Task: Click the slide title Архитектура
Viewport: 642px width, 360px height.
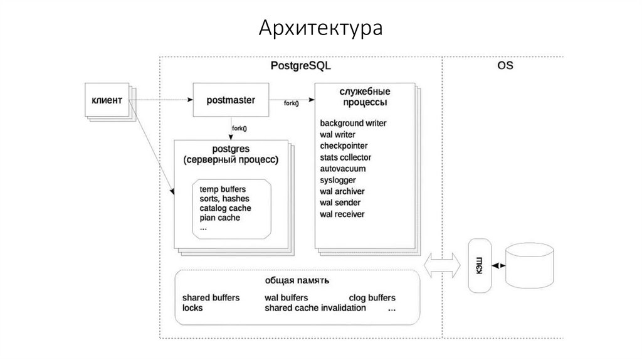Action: [x=320, y=29]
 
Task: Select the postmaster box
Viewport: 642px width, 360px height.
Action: [x=231, y=100]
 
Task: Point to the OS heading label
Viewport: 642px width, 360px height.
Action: [x=505, y=65]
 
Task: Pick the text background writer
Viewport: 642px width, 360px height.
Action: [x=353, y=123]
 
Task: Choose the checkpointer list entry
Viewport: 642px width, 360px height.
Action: [x=344, y=146]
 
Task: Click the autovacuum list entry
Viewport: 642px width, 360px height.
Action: [x=343, y=169]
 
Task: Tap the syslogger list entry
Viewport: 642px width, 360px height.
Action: [x=338, y=180]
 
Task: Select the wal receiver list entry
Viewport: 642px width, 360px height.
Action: [x=342, y=214]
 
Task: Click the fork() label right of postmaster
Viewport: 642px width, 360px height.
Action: [x=292, y=103]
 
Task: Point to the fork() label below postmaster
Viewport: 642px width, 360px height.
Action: [x=239, y=129]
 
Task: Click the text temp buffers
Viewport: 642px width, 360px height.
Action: [x=223, y=189]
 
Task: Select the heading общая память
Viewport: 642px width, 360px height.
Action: [x=297, y=280]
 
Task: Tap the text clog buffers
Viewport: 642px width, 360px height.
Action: [x=372, y=298]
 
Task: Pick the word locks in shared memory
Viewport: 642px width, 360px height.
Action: [x=192, y=308]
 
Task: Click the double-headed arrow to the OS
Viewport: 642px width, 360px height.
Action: [x=442, y=265]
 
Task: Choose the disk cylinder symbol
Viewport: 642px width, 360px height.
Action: [x=530, y=267]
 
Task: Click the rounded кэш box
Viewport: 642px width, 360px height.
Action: [x=480, y=265]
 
